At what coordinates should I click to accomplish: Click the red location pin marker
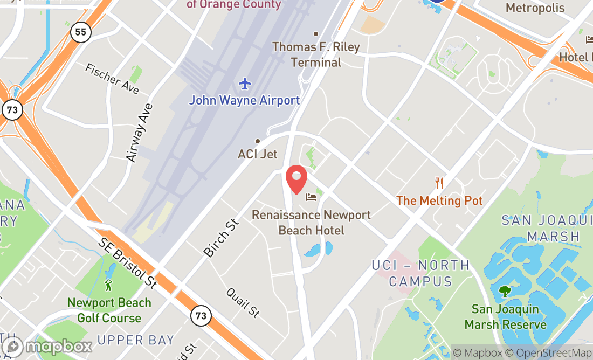coord(296,179)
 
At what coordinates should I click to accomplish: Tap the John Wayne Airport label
coord(244,100)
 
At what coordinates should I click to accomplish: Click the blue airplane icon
coord(245,84)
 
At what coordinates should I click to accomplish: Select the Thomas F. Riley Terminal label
coord(316,54)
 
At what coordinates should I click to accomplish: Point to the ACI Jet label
coord(258,154)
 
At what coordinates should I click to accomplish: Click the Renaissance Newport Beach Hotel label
coord(311,223)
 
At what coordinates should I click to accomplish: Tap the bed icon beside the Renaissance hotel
coord(312,197)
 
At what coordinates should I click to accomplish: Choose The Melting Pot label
coord(439,200)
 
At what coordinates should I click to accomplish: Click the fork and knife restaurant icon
coord(439,183)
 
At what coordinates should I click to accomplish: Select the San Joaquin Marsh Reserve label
coord(505,317)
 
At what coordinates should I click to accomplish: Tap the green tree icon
coord(505,292)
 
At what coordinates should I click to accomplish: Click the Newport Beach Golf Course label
coord(109,310)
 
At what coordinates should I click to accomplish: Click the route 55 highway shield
coord(80,32)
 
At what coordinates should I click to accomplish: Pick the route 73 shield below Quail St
coord(201,316)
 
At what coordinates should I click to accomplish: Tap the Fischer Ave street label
coord(112,79)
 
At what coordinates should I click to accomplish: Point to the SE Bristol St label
coord(128,263)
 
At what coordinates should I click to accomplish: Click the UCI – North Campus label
coord(420,273)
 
